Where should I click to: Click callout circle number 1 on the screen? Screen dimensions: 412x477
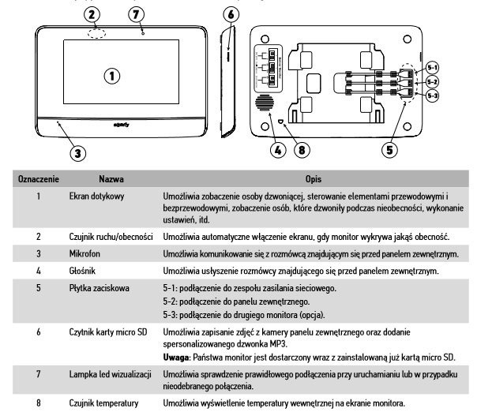112,76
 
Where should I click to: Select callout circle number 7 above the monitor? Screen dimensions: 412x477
137,15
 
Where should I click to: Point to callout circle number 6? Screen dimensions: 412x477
229,15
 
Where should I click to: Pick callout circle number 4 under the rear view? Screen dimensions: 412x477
276,148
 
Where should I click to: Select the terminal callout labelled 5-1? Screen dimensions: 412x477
432,67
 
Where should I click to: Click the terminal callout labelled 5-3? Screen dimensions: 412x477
432,96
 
